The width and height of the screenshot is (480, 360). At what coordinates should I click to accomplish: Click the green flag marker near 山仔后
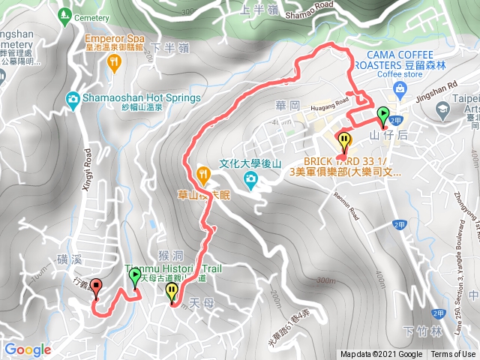click(x=383, y=115)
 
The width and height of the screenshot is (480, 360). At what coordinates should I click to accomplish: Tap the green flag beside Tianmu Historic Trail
click(x=135, y=277)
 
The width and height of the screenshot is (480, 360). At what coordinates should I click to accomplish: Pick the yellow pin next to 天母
click(x=172, y=291)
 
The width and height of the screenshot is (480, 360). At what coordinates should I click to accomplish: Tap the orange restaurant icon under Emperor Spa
click(x=114, y=63)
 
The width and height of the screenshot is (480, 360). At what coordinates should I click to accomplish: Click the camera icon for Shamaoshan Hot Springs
click(x=73, y=98)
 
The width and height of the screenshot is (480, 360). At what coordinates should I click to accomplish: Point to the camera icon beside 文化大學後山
click(x=250, y=178)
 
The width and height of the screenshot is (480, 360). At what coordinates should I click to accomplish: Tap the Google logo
click(x=27, y=349)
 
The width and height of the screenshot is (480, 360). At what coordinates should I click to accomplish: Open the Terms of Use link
click(x=453, y=355)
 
